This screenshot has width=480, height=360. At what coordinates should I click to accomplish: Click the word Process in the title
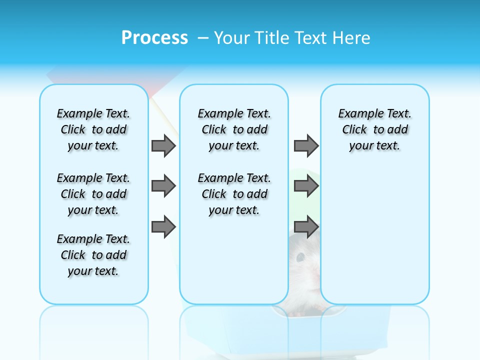click(x=154, y=37)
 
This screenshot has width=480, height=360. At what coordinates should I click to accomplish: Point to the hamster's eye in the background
click(x=300, y=257)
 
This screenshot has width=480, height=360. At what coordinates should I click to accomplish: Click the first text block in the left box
click(x=93, y=129)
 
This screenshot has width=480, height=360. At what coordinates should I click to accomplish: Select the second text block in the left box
click(x=93, y=194)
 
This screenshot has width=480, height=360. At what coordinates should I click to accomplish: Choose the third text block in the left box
click(x=93, y=255)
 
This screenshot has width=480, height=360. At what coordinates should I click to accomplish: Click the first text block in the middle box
click(x=234, y=129)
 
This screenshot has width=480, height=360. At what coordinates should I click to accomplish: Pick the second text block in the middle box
click(x=234, y=194)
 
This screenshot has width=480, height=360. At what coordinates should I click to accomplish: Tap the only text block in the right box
click(x=374, y=129)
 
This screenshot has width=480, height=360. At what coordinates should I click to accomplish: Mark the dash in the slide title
click(x=202, y=37)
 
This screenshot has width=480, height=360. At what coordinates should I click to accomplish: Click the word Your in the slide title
click(x=232, y=37)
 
